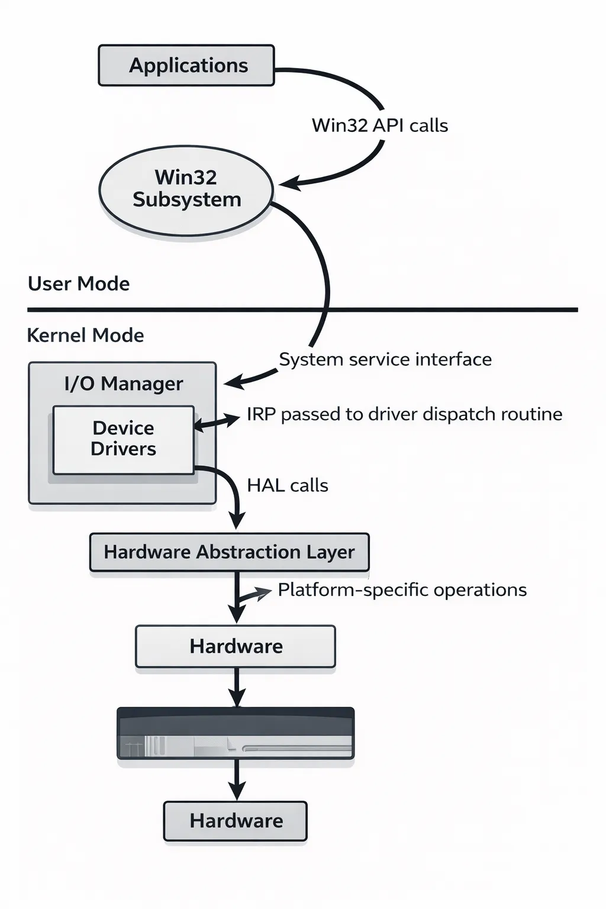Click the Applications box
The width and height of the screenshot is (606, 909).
click(186, 65)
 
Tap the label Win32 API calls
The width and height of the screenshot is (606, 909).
click(379, 125)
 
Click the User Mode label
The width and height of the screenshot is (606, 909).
click(79, 284)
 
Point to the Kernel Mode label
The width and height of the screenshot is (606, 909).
click(85, 336)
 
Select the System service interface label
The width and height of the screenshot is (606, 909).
click(385, 359)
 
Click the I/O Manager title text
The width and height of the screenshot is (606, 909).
click(123, 383)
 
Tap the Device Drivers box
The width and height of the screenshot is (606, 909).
click(123, 439)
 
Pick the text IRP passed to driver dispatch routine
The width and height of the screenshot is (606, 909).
click(404, 414)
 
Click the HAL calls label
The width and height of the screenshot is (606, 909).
click(287, 485)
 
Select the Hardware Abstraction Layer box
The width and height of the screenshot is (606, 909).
click(229, 552)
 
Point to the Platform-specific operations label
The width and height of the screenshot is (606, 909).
click(402, 590)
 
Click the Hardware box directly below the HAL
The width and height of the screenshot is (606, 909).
click(236, 646)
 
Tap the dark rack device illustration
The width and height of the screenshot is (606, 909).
click(236, 733)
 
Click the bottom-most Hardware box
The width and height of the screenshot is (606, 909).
click(236, 821)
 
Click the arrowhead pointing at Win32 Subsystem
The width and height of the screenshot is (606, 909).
click(288, 183)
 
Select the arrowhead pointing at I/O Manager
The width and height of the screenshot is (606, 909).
click(233, 382)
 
